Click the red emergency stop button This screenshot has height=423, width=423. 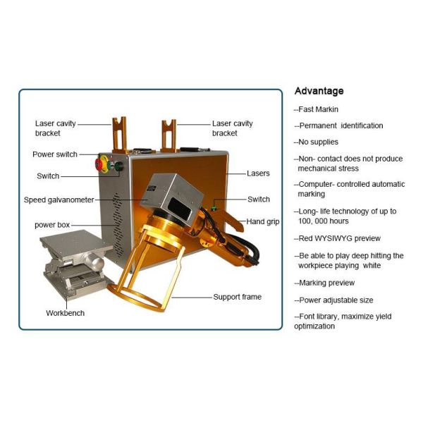point(99,164)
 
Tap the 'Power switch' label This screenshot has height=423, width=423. point(55,154)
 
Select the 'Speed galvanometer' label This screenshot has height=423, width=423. point(59,200)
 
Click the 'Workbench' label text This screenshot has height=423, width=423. point(66,313)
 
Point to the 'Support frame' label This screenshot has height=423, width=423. point(238,297)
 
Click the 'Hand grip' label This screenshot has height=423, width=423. point(263,221)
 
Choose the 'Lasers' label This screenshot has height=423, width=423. point(258,173)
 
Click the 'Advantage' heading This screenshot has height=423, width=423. point(319,91)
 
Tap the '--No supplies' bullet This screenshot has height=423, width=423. point(316,142)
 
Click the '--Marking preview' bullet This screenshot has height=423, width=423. point(324,283)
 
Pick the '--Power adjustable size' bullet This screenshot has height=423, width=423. point(333,300)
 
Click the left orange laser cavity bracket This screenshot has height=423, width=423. point(120,135)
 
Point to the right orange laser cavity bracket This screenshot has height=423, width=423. point(169,136)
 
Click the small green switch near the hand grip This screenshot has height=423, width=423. point(214,208)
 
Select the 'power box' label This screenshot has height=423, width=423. point(52,225)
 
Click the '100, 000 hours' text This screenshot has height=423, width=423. point(323,221)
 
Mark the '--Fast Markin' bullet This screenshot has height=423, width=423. point(316,109)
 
